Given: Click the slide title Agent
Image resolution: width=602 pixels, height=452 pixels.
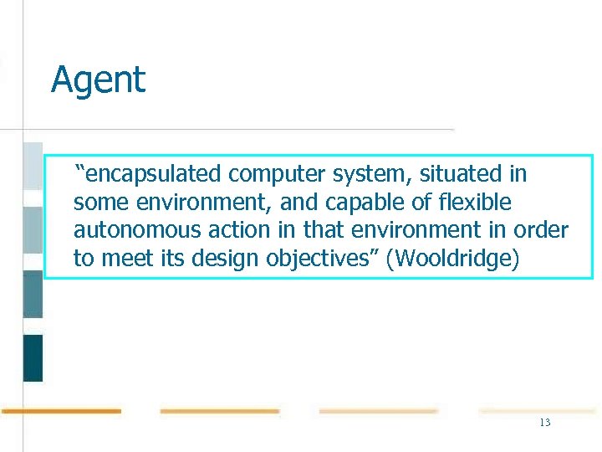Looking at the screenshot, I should [x=98, y=80].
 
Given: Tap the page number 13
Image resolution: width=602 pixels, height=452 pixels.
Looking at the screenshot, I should [x=545, y=423].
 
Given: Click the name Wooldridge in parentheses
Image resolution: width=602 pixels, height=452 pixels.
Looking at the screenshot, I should [x=456, y=259].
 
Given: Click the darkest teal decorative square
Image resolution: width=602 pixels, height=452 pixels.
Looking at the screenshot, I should [x=33, y=357].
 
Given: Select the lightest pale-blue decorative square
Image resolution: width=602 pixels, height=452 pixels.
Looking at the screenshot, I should [x=33, y=166].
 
